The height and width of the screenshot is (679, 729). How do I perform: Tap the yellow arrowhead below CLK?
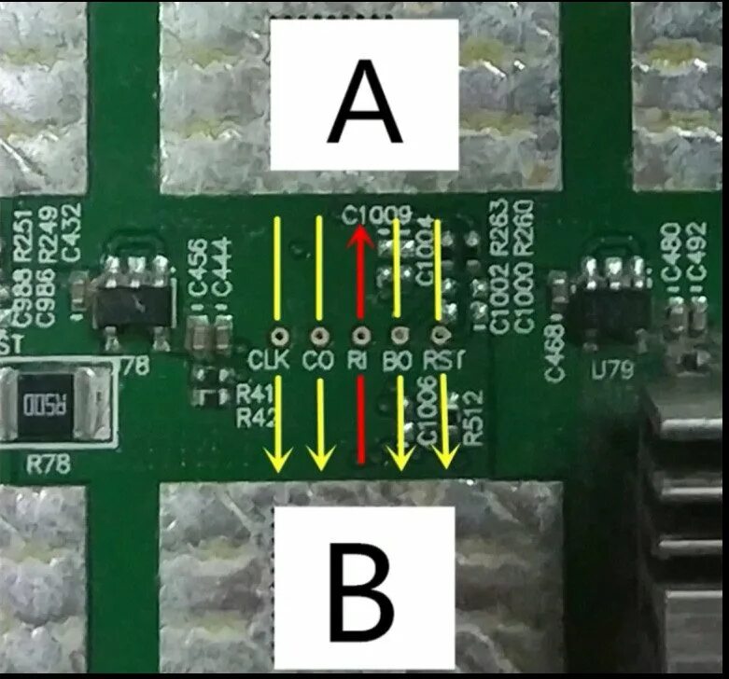[277, 457]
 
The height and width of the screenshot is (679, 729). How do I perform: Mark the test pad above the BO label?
[399, 334]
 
